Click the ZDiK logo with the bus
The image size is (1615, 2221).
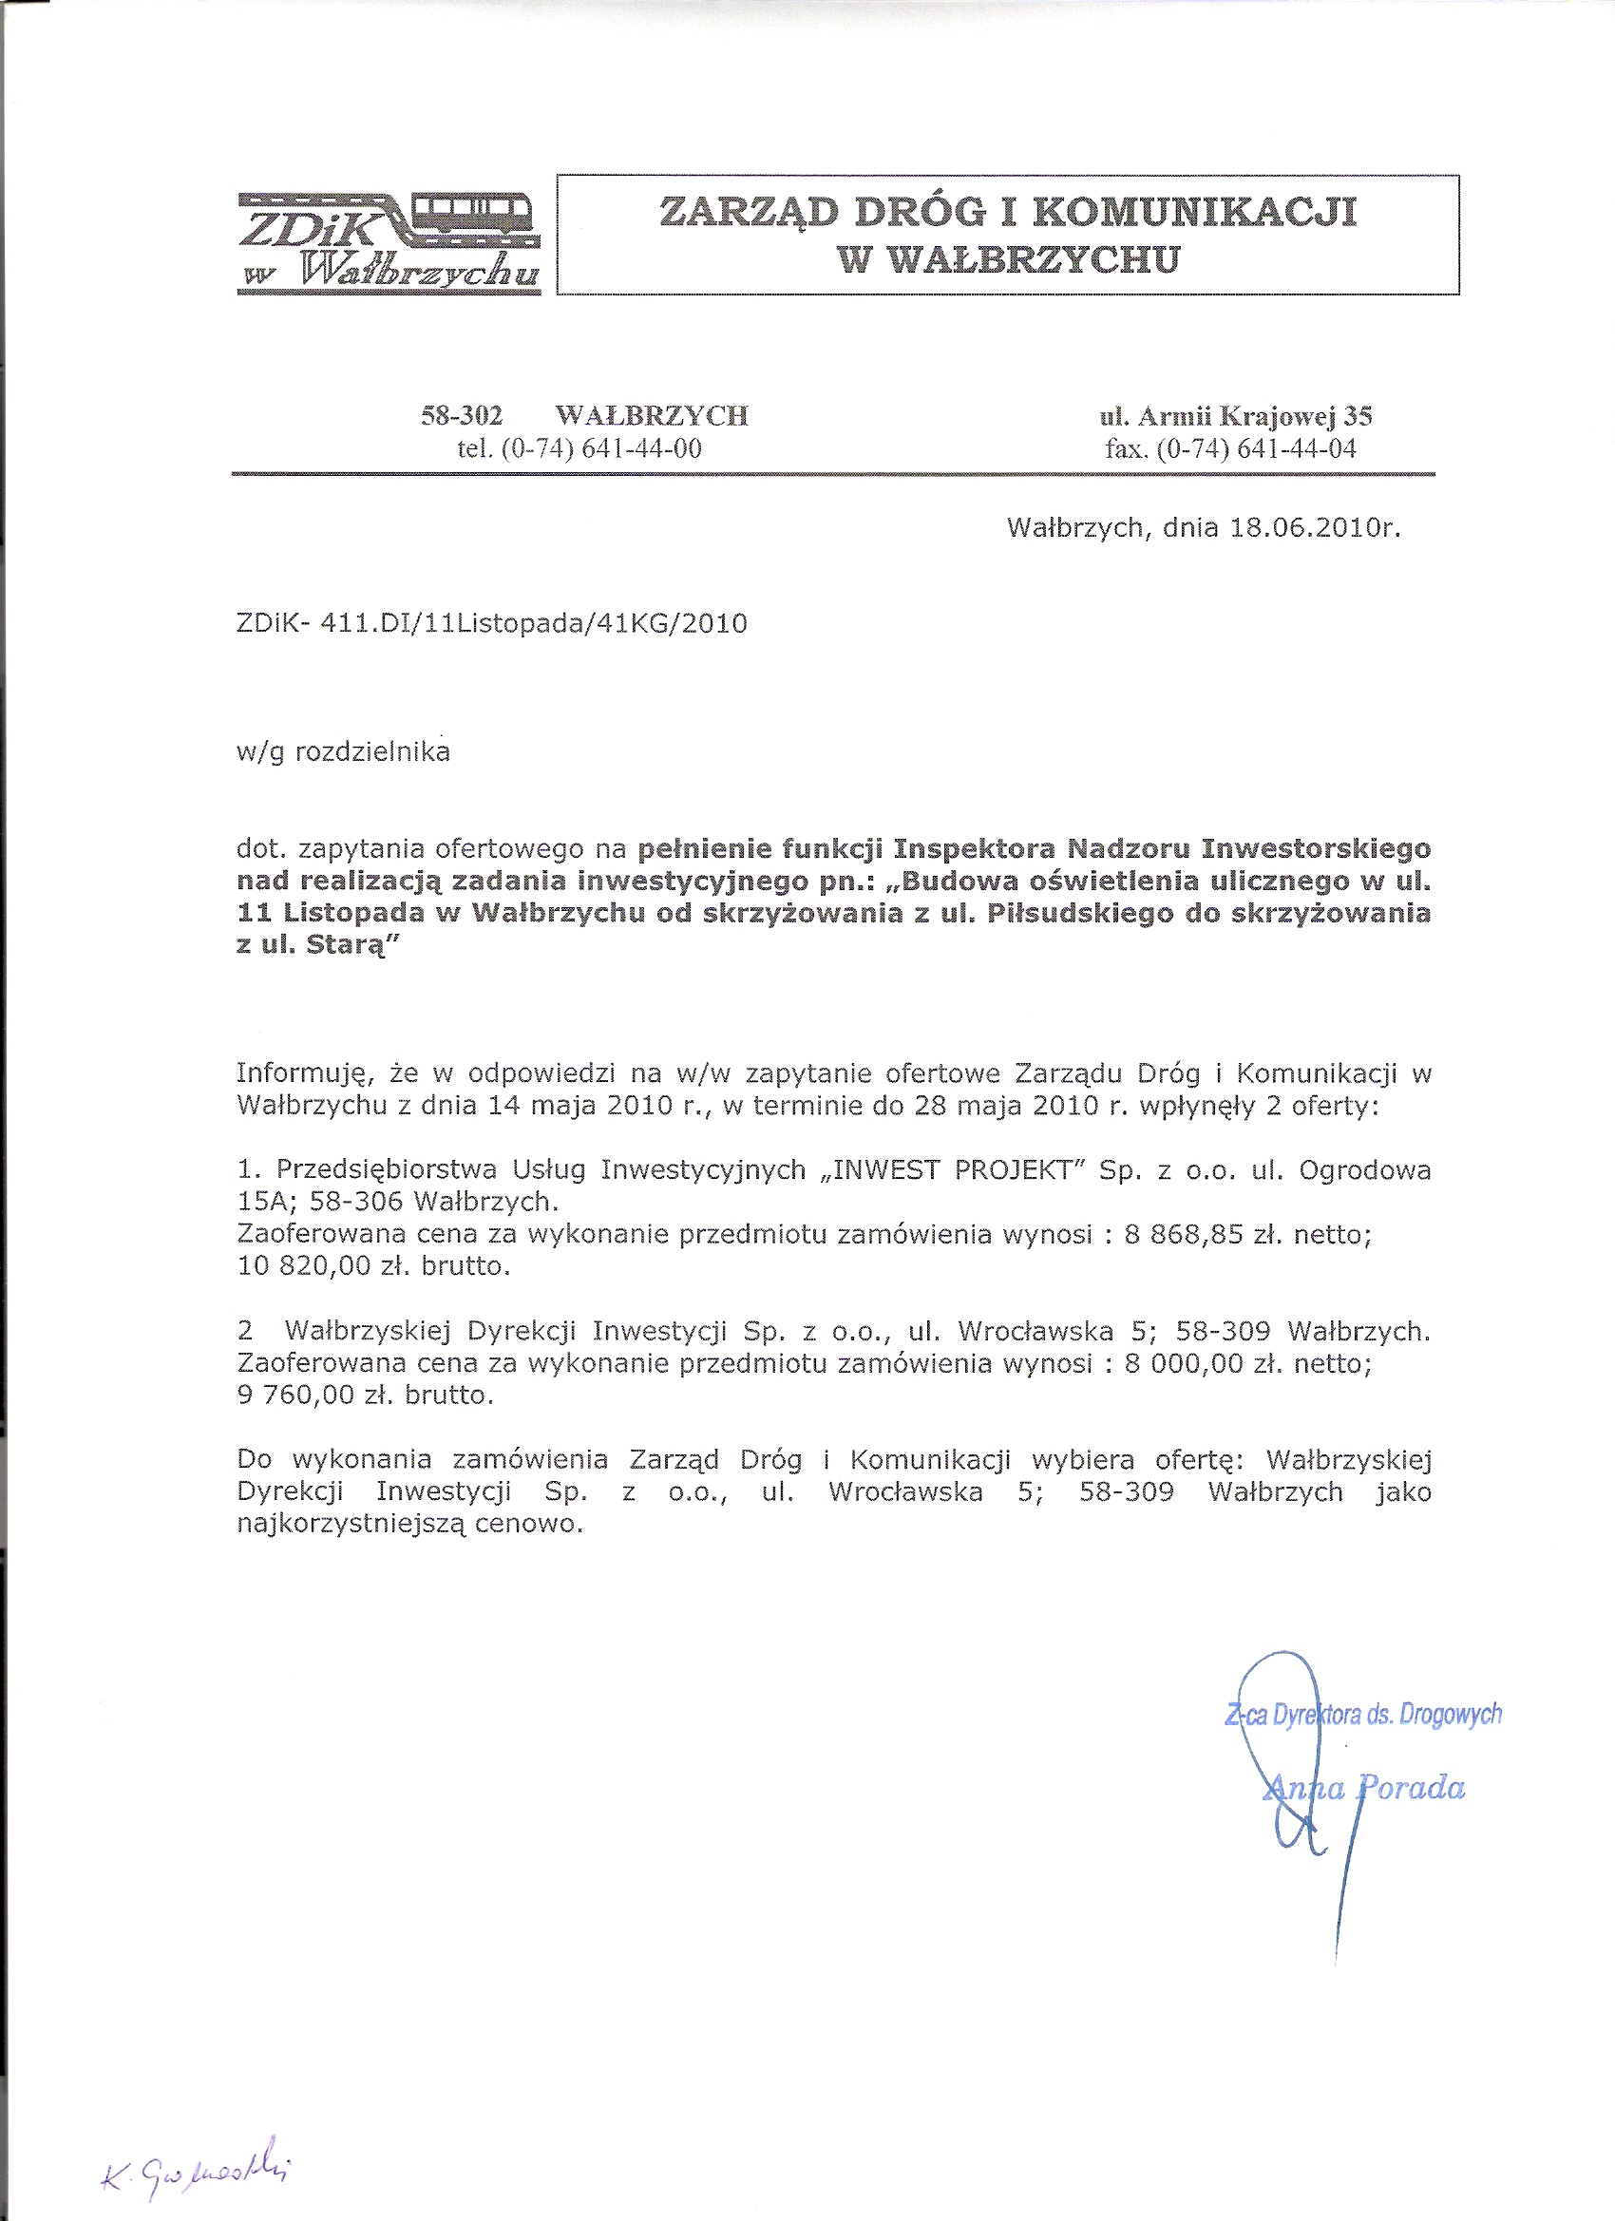coord(389,242)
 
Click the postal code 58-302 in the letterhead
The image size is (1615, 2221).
coord(462,416)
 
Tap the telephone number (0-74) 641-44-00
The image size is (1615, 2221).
coord(601,448)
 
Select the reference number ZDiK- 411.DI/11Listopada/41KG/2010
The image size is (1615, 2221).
coord(492,624)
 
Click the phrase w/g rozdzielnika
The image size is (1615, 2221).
coord(343,752)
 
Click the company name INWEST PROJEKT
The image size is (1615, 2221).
coord(955,1170)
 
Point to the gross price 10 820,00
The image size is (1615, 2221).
coord(294,1266)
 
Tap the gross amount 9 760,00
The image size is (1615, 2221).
coord(294,1395)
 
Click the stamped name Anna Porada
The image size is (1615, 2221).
coord(1364,1789)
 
